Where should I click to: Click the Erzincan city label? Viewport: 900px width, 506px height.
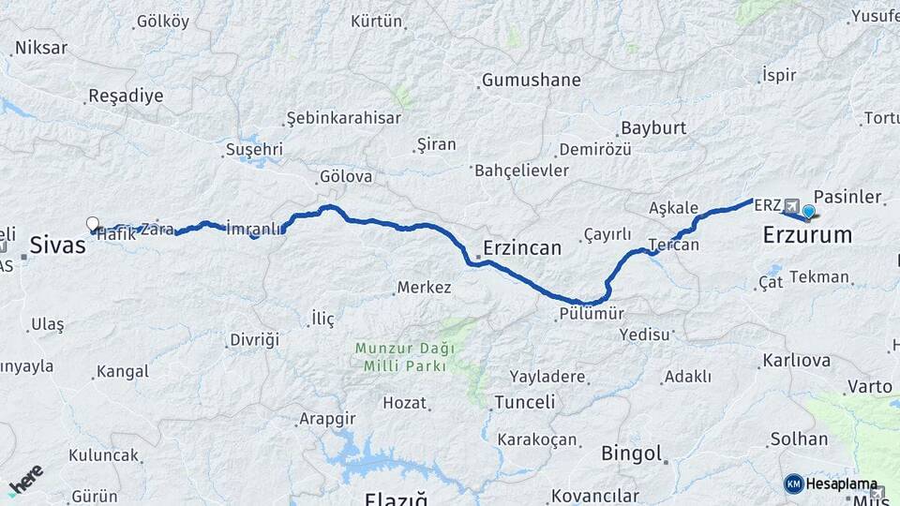(x=522, y=248)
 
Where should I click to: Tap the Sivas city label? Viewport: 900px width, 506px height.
(x=57, y=246)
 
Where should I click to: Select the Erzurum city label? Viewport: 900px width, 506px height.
(x=807, y=234)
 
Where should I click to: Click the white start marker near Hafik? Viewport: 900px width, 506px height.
(x=93, y=224)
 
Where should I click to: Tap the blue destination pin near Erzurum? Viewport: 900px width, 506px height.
(x=808, y=211)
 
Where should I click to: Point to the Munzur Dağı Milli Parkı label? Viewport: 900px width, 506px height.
(x=405, y=356)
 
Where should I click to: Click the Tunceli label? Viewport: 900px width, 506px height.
(x=525, y=403)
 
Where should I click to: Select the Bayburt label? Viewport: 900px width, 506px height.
(x=653, y=127)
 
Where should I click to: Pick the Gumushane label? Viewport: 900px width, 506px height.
(x=532, y=80)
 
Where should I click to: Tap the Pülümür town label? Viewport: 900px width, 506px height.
(x=591, y=314)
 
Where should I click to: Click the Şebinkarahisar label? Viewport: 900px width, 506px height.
(x=344, y=118)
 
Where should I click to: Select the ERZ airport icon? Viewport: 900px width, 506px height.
(x=792, y=205)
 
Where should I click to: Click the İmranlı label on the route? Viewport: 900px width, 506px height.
(x=254, y=227)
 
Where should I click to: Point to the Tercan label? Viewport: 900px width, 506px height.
(x=674, y=245)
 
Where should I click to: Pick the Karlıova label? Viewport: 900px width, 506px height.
(x=797, y=361)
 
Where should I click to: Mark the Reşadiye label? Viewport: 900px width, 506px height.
(x=126, y=96)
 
